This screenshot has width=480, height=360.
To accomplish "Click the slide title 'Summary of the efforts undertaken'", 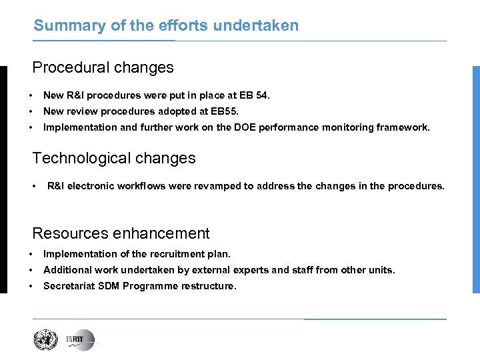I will (x=166, y=26).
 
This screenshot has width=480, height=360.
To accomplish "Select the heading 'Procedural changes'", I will (x=103, y=68).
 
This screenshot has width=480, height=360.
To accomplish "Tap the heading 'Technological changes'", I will (x=114, y=159).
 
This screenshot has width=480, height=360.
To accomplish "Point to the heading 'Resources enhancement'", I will (x=121, y=234).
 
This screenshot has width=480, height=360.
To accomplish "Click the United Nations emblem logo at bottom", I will (x=47, y=340).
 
